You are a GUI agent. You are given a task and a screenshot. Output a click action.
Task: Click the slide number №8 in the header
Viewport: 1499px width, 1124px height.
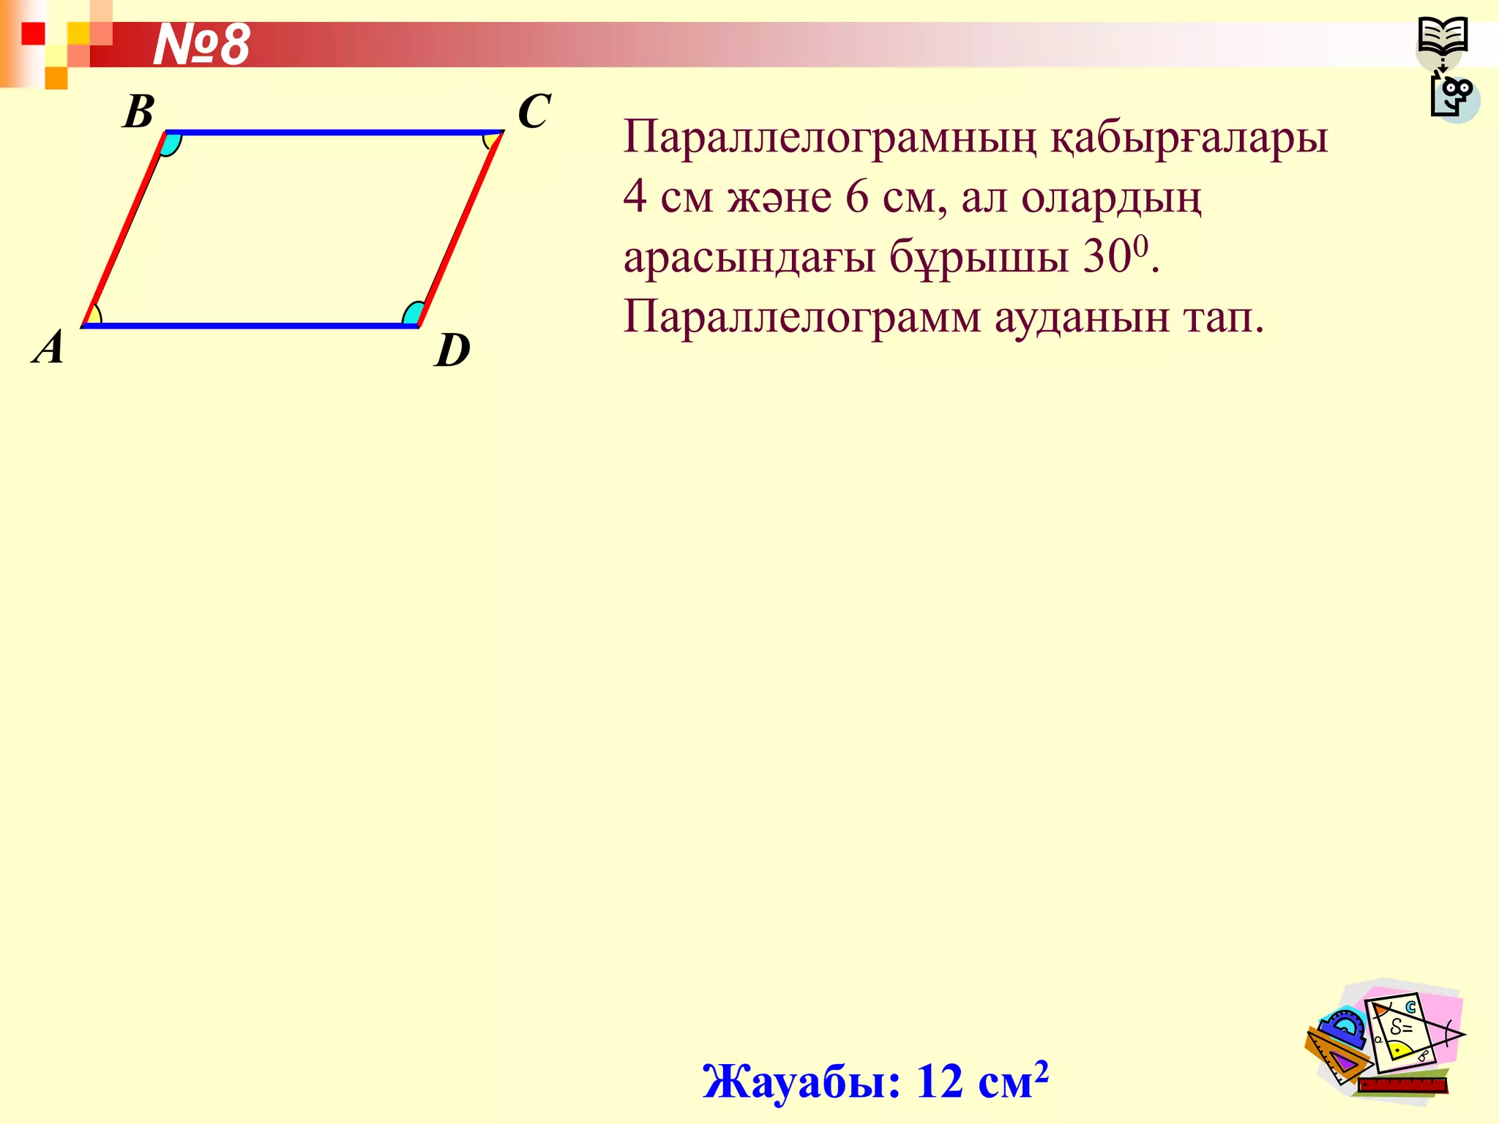pyautogui.click(x=201, y=45)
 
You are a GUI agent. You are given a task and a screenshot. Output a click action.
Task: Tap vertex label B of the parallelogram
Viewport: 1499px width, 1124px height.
pyautogui.click(x=138, y=112)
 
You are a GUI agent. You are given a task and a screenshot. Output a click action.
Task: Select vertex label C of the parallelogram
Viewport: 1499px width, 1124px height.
pyautogui.click(x=534, y=111)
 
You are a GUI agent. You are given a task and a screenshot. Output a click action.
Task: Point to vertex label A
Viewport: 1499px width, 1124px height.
pyautogui.click(x=49, y=347)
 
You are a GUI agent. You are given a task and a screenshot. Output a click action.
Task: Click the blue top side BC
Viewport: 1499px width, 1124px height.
pyautogui.click(x=334, y=132)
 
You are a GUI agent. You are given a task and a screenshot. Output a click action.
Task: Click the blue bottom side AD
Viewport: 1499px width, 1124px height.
pyautogui.click(x=249, y=325)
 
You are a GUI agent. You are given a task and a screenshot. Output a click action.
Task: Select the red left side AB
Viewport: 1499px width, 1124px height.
pyautogui.click(x=124, y=228)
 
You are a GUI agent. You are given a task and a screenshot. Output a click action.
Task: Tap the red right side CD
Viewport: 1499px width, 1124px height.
pyautogui.click(x=460, y=228)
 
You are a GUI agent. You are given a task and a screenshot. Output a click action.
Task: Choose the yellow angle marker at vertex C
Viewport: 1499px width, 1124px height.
pyautogui.click(x=490, y=140)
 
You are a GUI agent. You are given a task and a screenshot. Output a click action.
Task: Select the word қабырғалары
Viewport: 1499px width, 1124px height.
pyautogui.click(x=1189, y=138)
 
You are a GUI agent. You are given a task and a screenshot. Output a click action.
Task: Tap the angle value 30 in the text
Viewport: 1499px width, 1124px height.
pyautogui.click(x=1106, y=257)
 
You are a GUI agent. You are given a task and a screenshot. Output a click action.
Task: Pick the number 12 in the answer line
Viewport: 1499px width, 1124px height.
pyautogui.click(x=940, y=1081)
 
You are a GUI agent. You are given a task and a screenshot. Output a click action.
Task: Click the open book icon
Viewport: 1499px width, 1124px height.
pyautogui.click(x=1442, y=37)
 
